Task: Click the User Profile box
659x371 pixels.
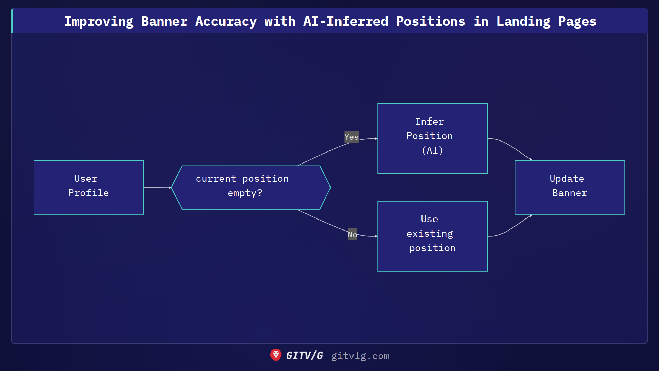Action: (x=89, y=187)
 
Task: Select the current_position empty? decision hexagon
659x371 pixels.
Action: (x=251, y=187)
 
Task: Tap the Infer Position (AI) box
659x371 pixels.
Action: (x=432, y=138)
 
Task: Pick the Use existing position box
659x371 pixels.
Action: (x=432, y=236)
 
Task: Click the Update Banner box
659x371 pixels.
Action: (x=569, y=187)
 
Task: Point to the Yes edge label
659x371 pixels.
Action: (x=351, y=137)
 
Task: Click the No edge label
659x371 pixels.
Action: (x=352, y=234)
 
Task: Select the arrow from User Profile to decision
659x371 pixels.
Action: (x=157, y=188)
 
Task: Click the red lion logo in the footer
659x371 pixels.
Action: (x=276, y=355)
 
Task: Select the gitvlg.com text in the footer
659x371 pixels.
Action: (x=360, y=356)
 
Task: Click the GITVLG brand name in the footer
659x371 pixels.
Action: (x=304, y=356)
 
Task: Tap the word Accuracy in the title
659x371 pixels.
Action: (x=226, y=21)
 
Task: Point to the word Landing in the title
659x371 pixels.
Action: (x=523, y=21)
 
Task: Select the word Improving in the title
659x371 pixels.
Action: (x=99, y=21)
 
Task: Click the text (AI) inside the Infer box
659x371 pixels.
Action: (x=432, y=150)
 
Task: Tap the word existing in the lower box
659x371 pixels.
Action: (x=429, y=234)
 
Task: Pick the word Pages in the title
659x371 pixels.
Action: (x=577, y=21)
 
